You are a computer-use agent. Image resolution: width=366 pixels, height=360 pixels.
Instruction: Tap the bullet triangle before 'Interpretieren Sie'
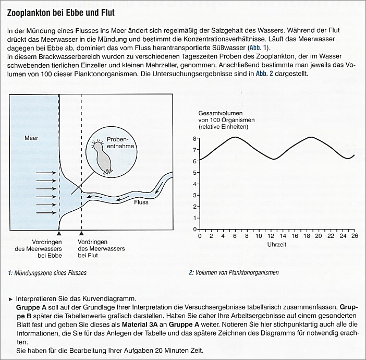[10, 298]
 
